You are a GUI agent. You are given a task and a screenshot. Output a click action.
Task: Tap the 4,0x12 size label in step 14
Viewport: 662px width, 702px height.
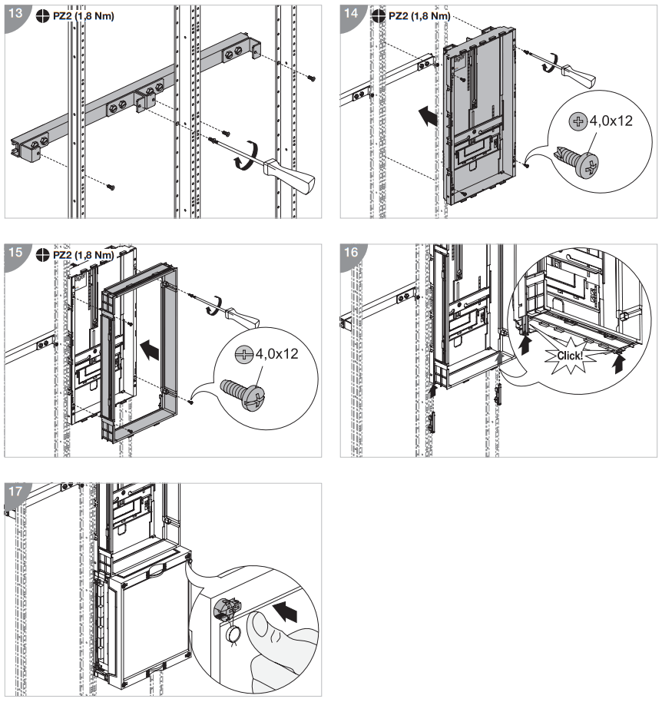tap(611, 121)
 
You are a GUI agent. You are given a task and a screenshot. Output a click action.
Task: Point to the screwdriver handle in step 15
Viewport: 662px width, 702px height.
tap(245, 314)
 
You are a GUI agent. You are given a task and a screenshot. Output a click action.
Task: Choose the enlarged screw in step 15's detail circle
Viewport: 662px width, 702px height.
tap(241, 393)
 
